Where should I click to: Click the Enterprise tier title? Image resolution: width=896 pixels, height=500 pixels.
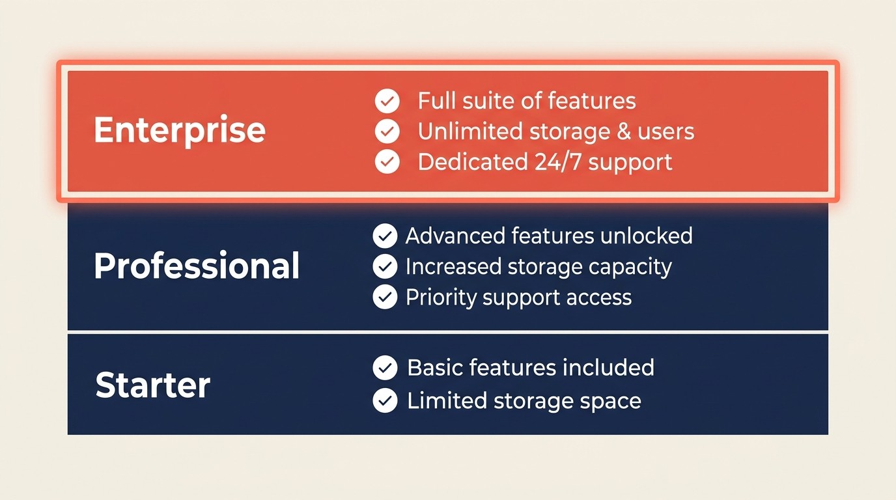click(180, 130)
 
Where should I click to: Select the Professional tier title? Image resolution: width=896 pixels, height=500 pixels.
click(197, 266)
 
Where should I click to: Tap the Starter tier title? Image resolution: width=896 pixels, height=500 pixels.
click(153, 385)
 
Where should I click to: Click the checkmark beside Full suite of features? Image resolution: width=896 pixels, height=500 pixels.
click(387, 101)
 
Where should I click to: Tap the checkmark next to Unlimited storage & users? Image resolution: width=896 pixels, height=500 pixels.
click(387, 132)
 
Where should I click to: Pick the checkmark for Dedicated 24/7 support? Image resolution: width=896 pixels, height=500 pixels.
click(387, 161)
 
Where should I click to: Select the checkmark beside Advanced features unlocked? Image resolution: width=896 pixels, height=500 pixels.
click(385, 236)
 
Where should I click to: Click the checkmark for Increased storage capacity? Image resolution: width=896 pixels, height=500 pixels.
click(385, 266)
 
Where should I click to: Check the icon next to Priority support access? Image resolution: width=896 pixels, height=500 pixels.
click(385, 297)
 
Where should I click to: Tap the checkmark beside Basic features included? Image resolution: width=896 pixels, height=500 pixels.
click(385, 368)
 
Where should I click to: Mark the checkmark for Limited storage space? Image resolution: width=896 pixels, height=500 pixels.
click(385, 400)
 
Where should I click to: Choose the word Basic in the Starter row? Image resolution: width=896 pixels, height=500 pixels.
click(434, 368)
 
